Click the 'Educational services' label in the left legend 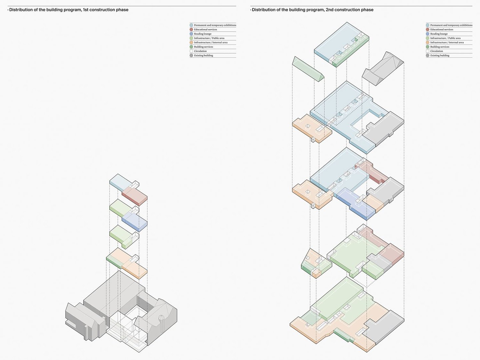click(x=205, y=30)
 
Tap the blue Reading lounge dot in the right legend click(x=428, y=34)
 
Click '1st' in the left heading click(x=86, y=10)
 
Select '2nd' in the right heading click(x=329, y=10)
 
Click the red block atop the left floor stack click(x=134, y=196)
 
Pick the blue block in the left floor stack click(x=134, y=222)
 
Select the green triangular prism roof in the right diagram click(x=308, y=69)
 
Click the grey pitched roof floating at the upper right click(x=383, y=68)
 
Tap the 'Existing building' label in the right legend click(x=440, y=56)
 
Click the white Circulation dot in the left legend click(x=191, y=51)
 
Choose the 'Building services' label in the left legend click(x=203, y=47)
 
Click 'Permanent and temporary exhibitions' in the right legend click(x=451, y=25)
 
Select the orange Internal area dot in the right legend click(x=428, y=42)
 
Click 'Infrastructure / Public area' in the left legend click(x=209, y=38)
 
